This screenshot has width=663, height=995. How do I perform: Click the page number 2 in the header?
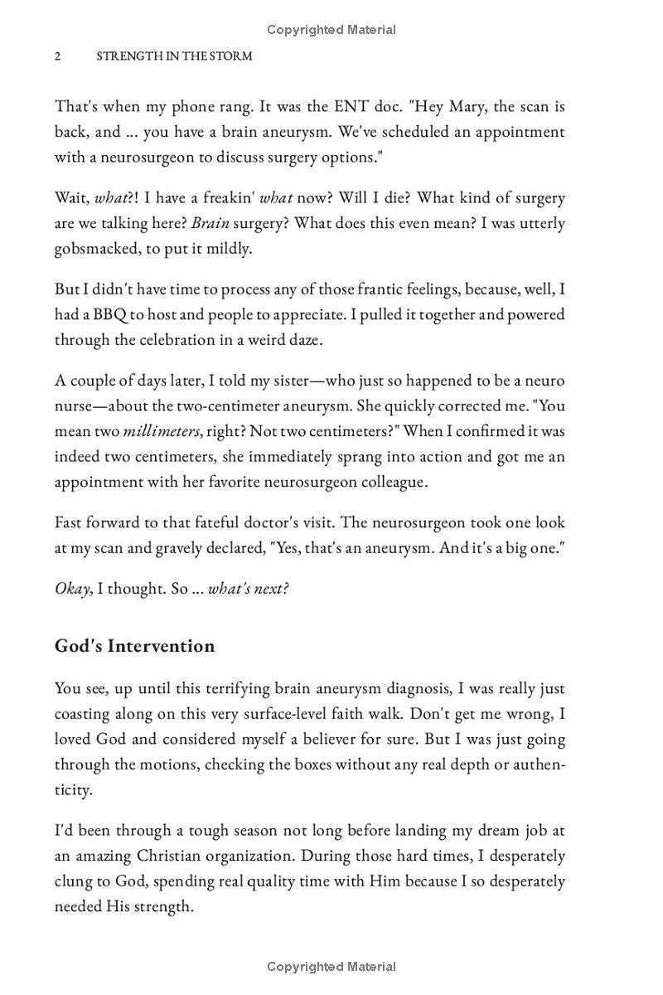coord(58,56)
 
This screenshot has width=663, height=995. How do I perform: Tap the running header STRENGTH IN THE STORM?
coord(174,56)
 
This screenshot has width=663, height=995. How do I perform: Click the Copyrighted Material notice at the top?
coord(331,30)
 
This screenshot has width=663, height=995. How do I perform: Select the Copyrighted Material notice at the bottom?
coord(331,966)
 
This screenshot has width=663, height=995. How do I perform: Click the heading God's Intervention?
coord(134,646)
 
